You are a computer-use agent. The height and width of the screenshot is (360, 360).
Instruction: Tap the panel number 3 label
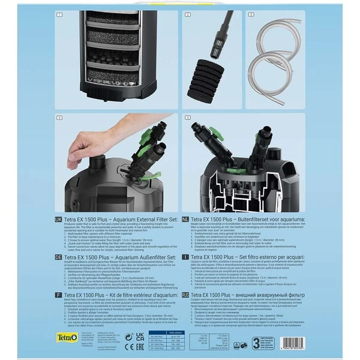coord(251,14)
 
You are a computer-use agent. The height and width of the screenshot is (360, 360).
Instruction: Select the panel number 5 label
coord(187,118)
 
